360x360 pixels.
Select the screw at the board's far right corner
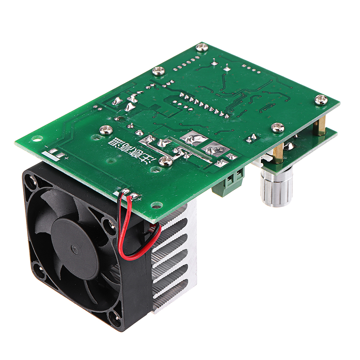pyautogui.click(x=321, y=99)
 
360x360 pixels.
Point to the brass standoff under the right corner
pyautogui.click(x=319, y=126)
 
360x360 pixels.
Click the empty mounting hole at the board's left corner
pyautogui.click(x=35, y=138)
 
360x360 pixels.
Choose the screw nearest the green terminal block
pyautogui.click(x=166, y=161)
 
